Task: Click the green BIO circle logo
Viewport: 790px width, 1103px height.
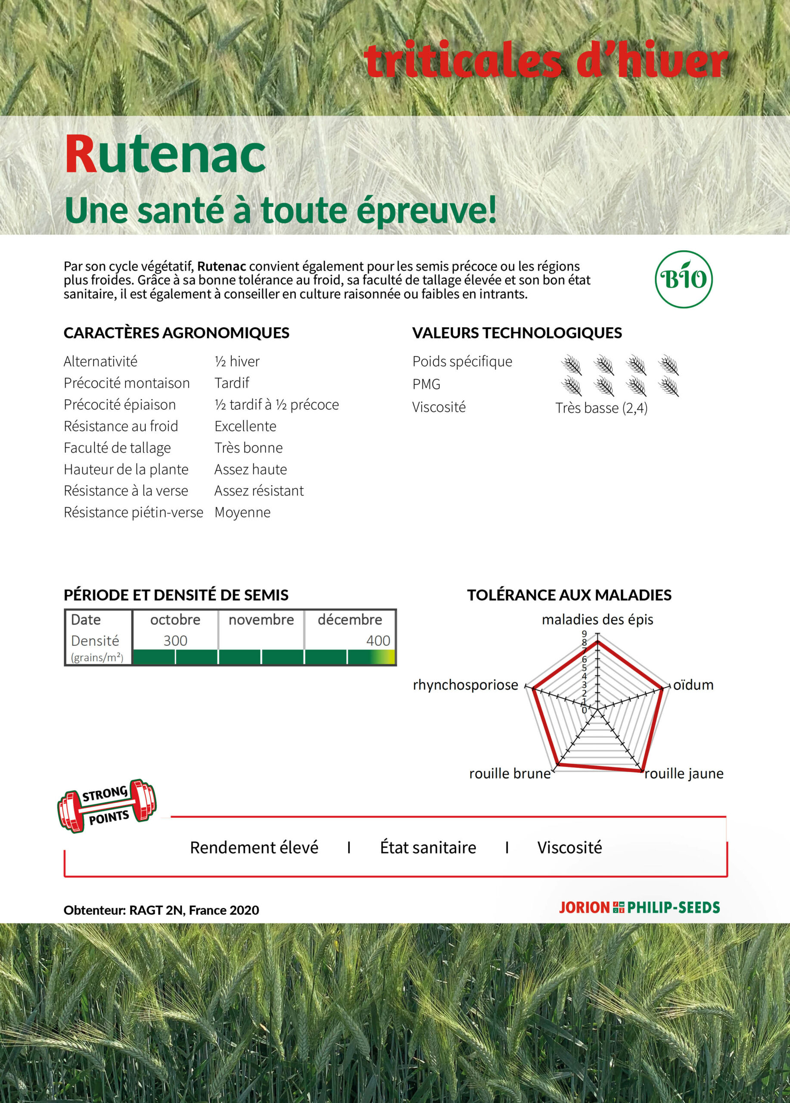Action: tap(683, 279)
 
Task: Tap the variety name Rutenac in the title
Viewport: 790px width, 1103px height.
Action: tap(165, 155)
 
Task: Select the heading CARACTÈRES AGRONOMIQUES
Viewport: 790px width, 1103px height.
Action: tap(176, 333)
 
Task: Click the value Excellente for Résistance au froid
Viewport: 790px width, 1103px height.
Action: tap(245, 426)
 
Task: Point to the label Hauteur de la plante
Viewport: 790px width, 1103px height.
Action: tap(126, 469)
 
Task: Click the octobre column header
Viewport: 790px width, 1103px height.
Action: tap(175, 620)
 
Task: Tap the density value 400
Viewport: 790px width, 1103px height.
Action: tap(378, 641)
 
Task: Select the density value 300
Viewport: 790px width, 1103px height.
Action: tap(175, 641)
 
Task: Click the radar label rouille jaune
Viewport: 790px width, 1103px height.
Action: tap(684, 773)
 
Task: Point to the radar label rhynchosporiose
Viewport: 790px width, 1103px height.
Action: tap(465, 685)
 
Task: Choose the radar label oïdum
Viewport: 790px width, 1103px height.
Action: tap(693, 685)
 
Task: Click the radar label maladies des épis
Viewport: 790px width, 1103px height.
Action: tap(597, 620)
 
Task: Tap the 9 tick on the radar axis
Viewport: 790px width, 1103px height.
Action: tap(585, 634)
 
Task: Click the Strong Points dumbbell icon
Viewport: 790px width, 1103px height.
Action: tap(106, 806)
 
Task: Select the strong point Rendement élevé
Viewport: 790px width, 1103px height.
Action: tap(254, 847)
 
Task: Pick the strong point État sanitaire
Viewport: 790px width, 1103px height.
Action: tap(428, 847)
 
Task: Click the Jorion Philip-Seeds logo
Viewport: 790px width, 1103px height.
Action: tap(639, 907)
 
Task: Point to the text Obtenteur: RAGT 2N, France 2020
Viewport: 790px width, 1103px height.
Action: tap(161, 910)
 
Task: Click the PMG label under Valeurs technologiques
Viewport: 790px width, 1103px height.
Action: tap(426, 384)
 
